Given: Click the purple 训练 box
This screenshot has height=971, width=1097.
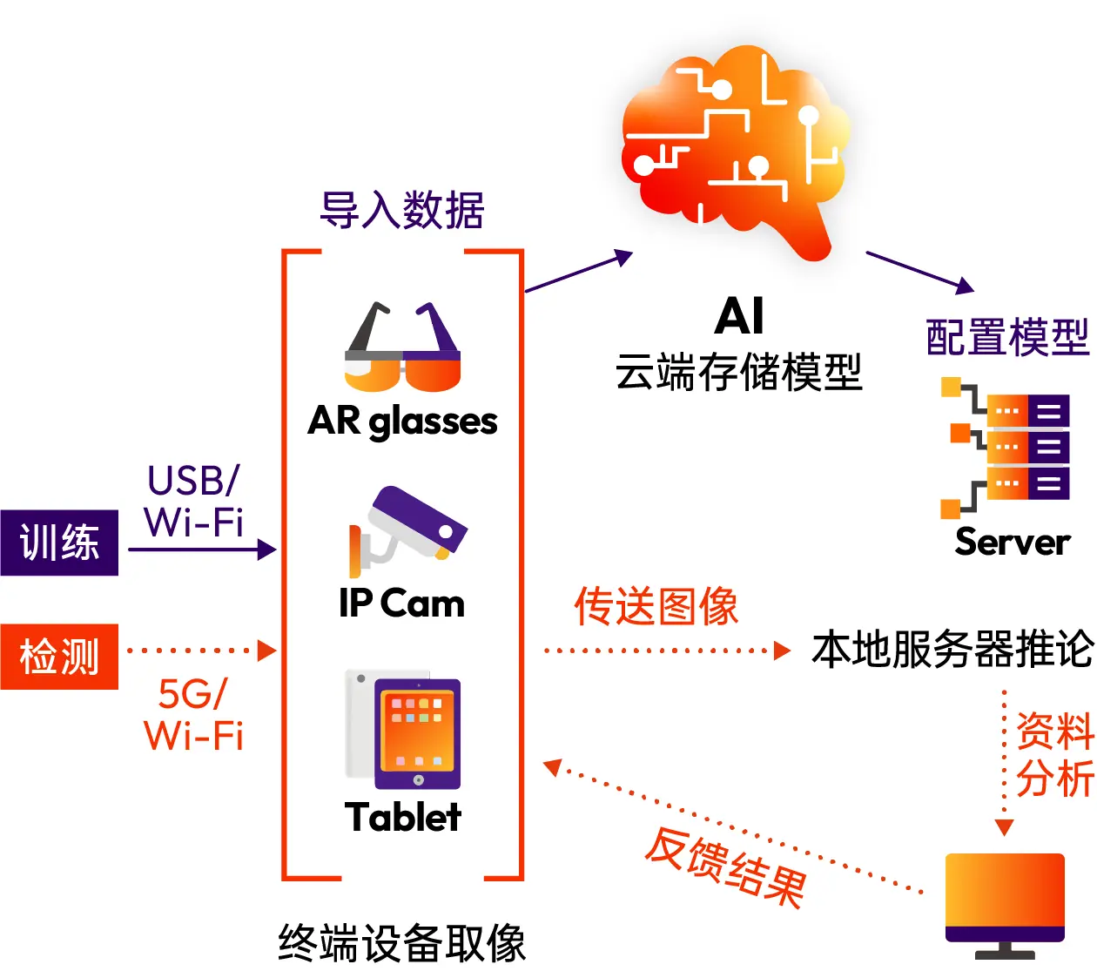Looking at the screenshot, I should (59, 543).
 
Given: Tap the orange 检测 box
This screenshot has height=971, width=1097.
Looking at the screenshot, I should (59, 657).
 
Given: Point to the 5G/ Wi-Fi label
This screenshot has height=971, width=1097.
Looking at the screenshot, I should (193, 715).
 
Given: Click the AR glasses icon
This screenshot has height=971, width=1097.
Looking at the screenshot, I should (402, 348).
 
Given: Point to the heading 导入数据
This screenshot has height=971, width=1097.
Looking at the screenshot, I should (402, 211).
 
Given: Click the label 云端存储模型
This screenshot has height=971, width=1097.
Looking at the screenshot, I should (738, 373).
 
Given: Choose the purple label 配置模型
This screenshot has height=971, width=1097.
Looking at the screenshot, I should (1007, 337).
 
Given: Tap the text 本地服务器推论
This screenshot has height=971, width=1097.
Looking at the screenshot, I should (952, 650).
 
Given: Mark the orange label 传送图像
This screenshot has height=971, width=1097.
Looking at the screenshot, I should (656, 606).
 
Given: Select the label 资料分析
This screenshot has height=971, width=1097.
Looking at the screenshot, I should (1054, 754).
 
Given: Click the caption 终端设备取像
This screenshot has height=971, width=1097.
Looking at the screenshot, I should (402, 943).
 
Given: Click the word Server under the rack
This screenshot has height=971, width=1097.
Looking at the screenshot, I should (1013, 542).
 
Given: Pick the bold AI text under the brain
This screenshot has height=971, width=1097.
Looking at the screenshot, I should (739, 315).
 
